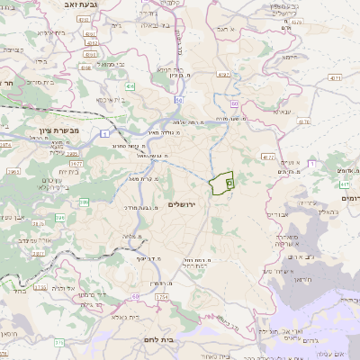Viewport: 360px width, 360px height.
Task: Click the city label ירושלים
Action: point(182,204)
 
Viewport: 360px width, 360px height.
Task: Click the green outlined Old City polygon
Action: point(221,183)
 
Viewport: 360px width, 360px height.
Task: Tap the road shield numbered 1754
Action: point(162,296)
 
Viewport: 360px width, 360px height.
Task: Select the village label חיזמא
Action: point(288,55)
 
